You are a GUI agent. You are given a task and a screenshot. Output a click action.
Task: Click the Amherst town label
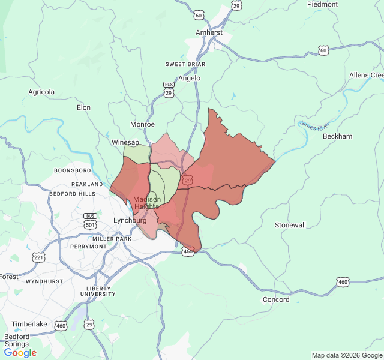(209, 32)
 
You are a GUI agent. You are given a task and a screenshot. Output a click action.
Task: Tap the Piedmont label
(323, 4)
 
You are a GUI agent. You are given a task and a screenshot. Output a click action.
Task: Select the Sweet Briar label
(185, 64)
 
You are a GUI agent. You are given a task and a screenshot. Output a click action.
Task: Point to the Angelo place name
(190, 78)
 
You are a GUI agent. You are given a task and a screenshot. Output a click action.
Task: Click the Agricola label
(41, 92)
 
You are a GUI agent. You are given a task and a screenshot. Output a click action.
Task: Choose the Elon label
(83, 107)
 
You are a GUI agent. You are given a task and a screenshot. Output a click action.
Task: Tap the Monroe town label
(143, 124)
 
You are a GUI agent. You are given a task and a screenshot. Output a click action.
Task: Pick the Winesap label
(125, 142)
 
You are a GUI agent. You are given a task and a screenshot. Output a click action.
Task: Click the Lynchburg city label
(130, 220)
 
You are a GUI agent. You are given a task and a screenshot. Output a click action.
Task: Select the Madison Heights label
(147, 203)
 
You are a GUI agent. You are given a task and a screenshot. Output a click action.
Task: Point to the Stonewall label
(290, 225)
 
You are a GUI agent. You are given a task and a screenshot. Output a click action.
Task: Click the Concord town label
(276, 299)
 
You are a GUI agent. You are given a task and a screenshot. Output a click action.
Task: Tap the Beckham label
(338, 136)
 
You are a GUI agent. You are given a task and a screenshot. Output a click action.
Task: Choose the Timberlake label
(29, 324)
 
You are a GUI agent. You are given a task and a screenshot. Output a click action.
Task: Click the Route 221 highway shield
(39, 257)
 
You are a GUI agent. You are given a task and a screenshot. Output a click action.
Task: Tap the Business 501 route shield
(91, 220)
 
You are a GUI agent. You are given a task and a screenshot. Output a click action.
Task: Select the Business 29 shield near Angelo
(169, 89)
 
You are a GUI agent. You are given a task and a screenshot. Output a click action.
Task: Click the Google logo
(20, 353)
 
